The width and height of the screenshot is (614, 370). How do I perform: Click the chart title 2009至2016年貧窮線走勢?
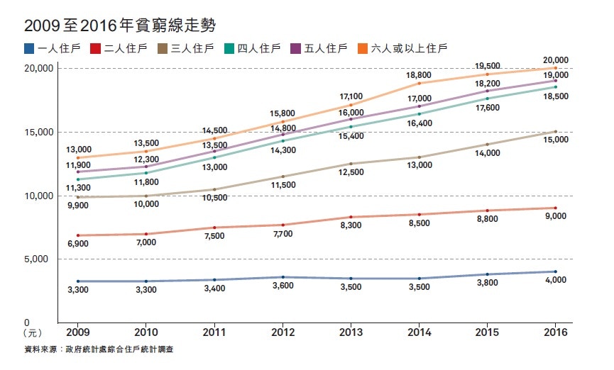point(119,26)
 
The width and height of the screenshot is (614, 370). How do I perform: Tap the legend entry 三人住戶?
point(185,48)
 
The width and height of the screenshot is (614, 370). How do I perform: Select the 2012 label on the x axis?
point(283,332)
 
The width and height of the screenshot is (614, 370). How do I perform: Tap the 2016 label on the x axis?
point(554,332)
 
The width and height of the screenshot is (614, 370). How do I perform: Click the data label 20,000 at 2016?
point(554,60)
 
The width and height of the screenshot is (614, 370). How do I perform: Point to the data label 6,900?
point(79,244)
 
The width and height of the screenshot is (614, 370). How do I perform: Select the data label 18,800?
point(419,74)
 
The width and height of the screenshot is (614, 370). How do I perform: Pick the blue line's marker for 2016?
point(554,271)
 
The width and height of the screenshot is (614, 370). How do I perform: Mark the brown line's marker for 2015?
point(487,145)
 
